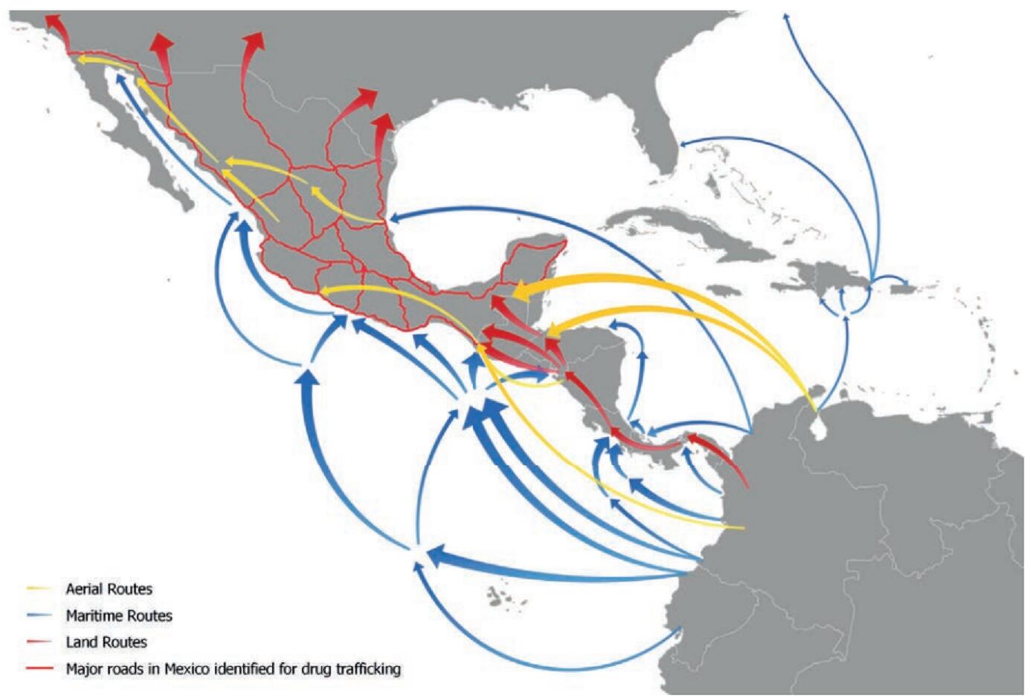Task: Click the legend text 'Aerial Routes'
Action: (109, 589)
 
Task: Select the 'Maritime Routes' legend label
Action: (119, 615)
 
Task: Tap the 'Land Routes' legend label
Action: (106, 642)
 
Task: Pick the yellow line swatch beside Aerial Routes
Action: (39, 589)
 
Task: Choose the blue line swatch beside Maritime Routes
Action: (39, 615)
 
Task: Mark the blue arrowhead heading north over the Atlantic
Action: (787, 16)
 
